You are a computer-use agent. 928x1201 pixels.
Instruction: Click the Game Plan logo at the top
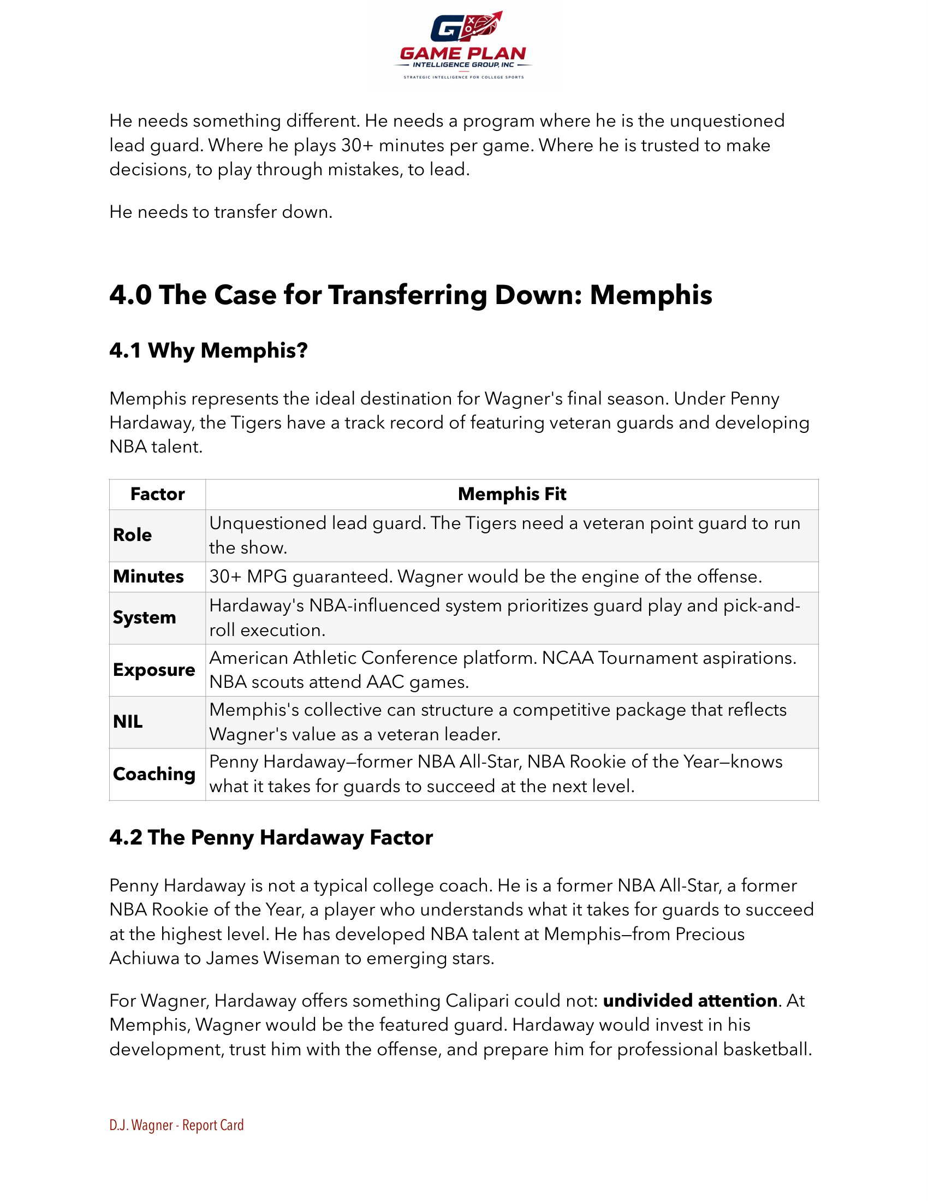click(463, 46)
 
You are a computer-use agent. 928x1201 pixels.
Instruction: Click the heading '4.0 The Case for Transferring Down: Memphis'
click(411, 295)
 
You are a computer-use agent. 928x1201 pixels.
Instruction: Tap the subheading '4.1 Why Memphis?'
click(209, 350)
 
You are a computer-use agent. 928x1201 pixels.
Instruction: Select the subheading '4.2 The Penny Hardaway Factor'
click(271, 837)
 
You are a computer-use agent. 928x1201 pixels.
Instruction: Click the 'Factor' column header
click(157, 494)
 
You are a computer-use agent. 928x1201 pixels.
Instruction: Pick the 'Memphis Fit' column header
click(512, 494)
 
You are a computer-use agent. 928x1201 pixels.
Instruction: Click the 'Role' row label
click(133, 534)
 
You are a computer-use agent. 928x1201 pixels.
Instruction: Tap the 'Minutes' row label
click(148, 576)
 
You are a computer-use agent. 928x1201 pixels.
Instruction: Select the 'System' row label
click(145, 617)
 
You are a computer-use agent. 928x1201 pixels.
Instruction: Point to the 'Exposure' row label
click(154, 670)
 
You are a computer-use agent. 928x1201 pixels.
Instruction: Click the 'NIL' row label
click(128, 722)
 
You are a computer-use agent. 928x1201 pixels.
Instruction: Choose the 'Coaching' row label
click(154, 774)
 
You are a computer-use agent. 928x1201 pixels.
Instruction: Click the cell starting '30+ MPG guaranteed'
click(485, 576)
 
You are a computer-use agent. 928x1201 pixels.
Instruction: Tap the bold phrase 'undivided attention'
click(690, 1000)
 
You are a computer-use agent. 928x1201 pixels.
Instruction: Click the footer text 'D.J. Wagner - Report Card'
click(176, 1125)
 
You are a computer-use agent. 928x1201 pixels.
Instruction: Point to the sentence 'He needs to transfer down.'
click(221, 212)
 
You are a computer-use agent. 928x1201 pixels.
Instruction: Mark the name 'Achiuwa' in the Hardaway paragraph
click(144, 959)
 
